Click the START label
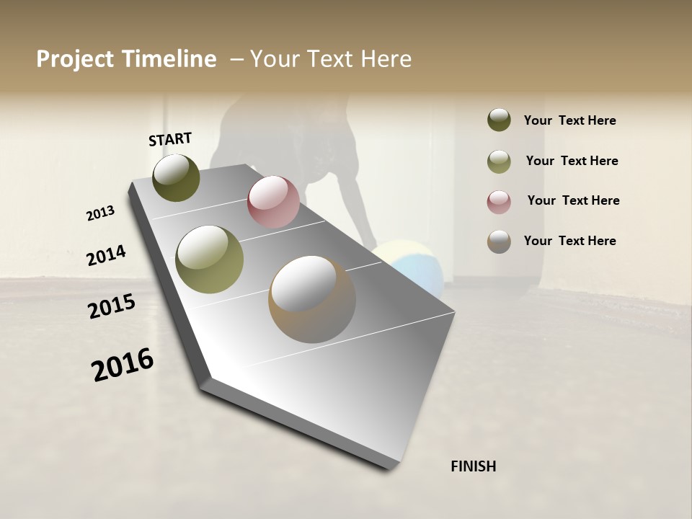point(170,139)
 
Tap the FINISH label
point(473,466)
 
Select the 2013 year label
point(101,213)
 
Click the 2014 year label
point(106,255)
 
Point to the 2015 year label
point(112,306)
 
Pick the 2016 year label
point(123,364)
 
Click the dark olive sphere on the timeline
point(176,177)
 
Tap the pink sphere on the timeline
point(273,201)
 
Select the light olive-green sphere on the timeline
point(210,259)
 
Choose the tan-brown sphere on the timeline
point(312,299)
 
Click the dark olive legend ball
point(499,120)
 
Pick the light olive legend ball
point(499,161)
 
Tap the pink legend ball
point(499,202)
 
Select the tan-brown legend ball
point(499,241)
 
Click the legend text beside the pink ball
point(573,200)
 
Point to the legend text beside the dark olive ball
point(569,120)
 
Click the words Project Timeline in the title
point(126,59)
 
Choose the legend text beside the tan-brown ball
point(569,241)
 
